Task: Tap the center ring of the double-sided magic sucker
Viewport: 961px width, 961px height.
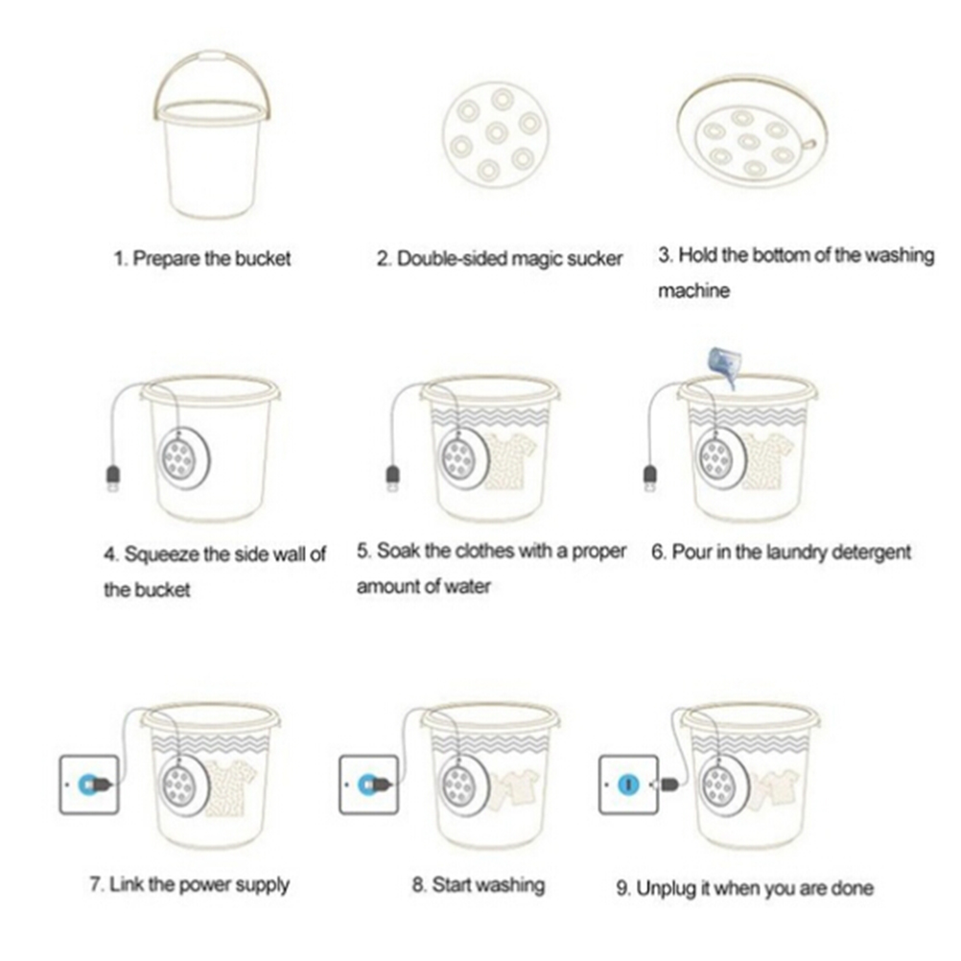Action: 497,132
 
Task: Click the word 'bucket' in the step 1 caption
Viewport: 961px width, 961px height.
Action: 263,259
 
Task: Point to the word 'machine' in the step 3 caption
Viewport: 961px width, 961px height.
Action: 693,290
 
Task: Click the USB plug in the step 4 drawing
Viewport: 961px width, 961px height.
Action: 113,478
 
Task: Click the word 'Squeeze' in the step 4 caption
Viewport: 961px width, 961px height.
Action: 161,554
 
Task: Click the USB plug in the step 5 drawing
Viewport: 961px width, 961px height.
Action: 393,478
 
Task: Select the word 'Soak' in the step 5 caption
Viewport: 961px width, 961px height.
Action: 398,551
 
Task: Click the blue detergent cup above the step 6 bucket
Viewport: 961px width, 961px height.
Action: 722,365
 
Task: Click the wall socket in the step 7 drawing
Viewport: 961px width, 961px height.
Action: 89,785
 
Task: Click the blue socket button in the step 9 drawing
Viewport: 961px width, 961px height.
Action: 628,784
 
